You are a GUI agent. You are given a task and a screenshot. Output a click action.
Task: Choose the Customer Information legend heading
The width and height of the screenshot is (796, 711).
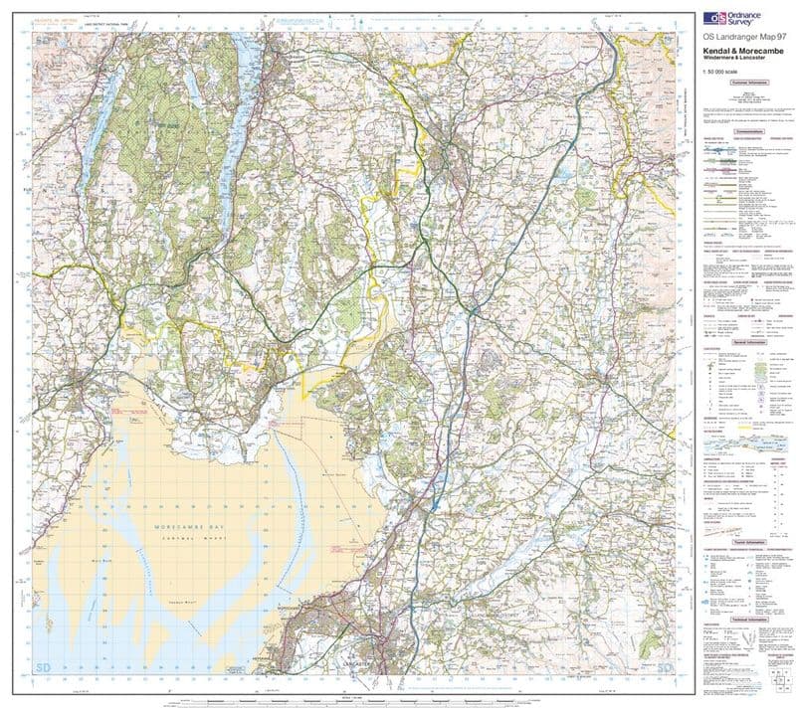pos(742,85)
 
